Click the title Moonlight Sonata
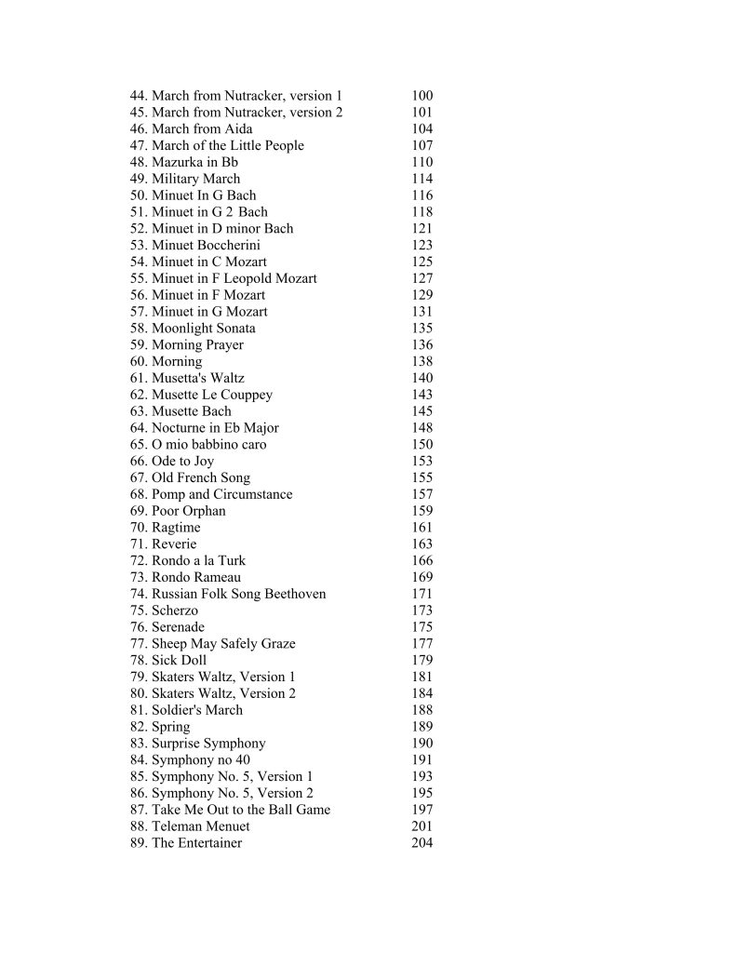click(203, 329)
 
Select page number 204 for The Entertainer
click(422, 843)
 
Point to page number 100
click(422, 96)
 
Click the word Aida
click(238, 129)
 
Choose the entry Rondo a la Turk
click(198, 561)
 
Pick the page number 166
click(422, 561)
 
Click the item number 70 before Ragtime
click(139, 528)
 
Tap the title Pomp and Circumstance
click(221, 495)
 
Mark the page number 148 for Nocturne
click(422, 428)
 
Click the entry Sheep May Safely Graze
click(223, 644)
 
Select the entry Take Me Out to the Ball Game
click(240, 810)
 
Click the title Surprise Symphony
click(208, 744)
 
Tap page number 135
click(422, 329)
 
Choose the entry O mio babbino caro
click(208, 445)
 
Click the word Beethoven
click(295, 594)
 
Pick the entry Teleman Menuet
click(200, 826)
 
